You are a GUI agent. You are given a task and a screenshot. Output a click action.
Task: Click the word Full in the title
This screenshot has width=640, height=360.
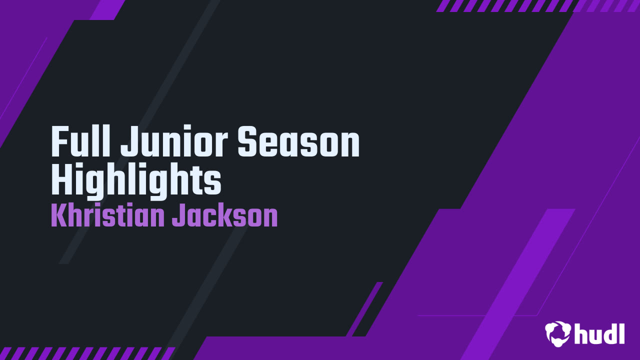point(81,142)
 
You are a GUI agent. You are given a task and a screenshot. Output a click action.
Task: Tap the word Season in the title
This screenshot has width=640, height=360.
point(298,142)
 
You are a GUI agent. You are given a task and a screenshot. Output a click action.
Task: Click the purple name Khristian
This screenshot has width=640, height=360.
point(107,216)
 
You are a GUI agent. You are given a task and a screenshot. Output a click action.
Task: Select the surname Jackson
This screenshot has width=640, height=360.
point(224,216)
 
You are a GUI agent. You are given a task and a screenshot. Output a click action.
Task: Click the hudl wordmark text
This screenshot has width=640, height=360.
point(599,333)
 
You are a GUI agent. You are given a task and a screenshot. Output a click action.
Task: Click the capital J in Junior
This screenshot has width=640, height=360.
point(127,142)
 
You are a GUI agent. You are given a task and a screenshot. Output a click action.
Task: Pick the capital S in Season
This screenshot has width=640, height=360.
point(247,142)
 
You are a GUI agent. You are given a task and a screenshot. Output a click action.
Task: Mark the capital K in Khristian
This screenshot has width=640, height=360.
point(58,216)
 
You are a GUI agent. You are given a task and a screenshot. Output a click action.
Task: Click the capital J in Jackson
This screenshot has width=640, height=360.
point(178,216)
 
